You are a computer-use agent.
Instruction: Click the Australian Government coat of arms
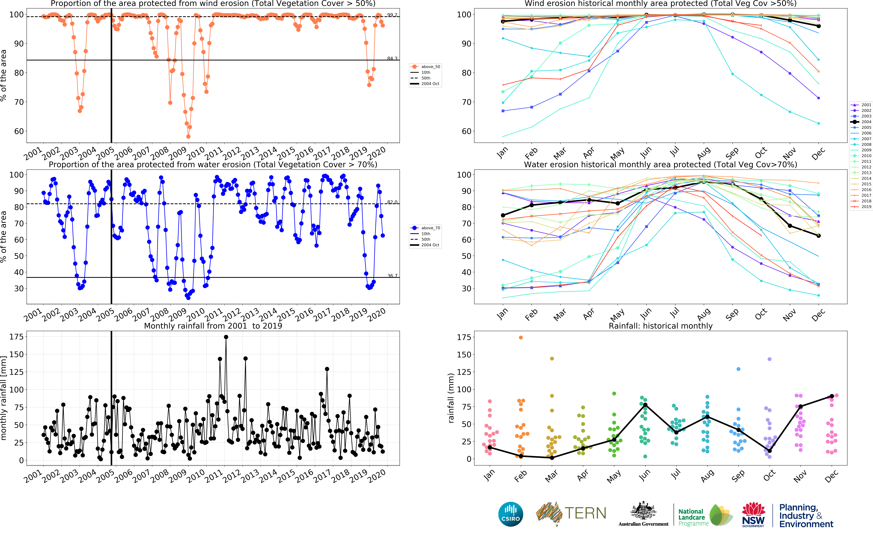(x=643, y=511)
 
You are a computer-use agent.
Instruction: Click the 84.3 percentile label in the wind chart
(x=392, y=58)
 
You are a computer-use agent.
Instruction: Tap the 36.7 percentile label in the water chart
(x=392, y=276)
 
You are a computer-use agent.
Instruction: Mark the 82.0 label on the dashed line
(x=392, y=202)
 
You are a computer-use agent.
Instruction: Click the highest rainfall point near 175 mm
(x=226, y=337)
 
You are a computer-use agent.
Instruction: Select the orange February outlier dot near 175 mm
(x=521, y=337)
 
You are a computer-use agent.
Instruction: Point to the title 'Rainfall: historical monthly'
(x=660, y=326)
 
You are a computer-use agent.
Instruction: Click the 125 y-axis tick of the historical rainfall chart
(x=464, y=372)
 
